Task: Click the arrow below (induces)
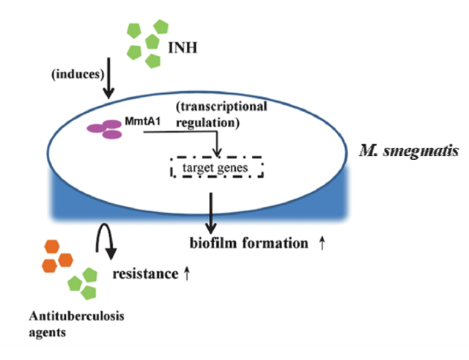109,83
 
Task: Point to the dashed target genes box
217,168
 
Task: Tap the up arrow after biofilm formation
322,243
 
